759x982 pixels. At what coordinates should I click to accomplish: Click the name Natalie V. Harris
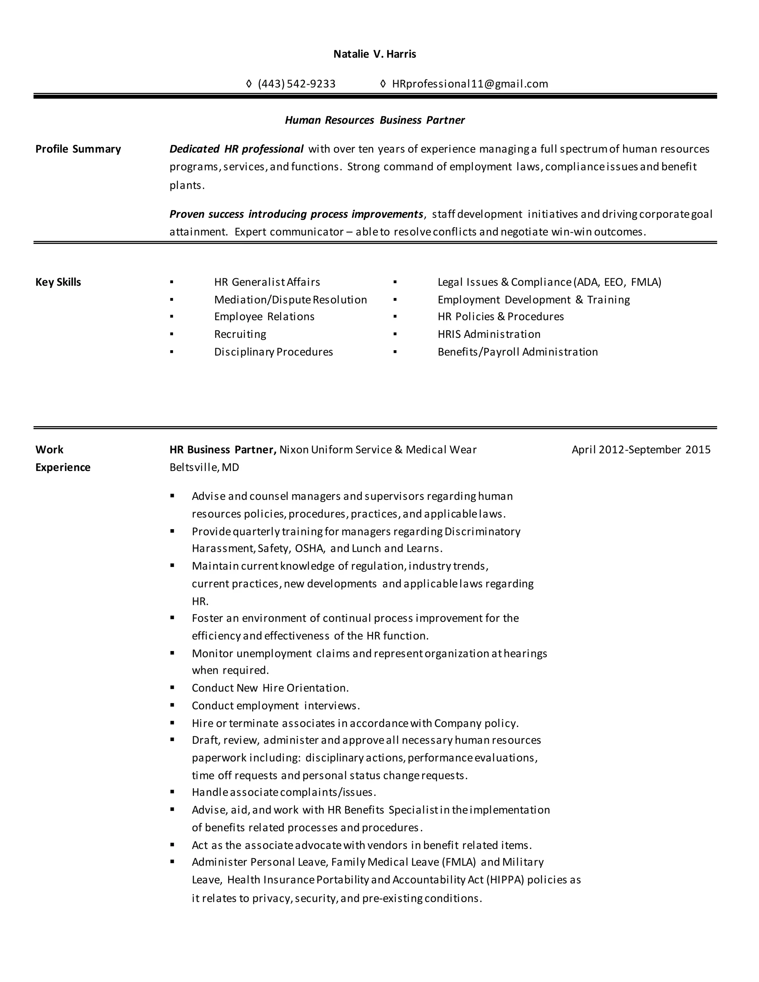click(x=375, y=54)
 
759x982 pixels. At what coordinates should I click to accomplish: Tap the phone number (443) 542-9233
click(x=296, y=84)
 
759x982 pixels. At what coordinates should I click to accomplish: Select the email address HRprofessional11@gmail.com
click(x=470, y=84)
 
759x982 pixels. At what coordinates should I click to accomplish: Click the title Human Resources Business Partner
click(x=375, y=120)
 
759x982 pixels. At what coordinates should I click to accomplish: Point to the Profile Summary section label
click(x=78, y=149)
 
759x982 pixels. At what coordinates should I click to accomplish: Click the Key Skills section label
click(x=58, y=282)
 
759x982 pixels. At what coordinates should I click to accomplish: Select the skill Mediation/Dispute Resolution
click(x=291, y=300)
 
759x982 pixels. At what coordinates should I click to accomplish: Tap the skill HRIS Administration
click(x=489, y=335)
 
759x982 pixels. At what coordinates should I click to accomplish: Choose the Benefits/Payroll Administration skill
click(x=517, y=352)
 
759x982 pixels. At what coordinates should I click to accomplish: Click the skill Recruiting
click(x=240, y=335)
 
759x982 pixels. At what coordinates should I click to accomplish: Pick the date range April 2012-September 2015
click(x=641, y=449)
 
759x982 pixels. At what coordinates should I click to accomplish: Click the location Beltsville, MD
click(x=204, y=468)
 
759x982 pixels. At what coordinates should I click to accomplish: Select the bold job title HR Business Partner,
click(x=223, y=449)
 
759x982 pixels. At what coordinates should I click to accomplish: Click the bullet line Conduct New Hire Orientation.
click(x=270, y=688)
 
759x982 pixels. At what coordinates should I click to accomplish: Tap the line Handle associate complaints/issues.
click(x=284, y=792)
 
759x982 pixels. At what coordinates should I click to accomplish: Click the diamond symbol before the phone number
click(x=249, y=84)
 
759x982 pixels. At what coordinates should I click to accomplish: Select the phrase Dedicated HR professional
click(x=236, y=149)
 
